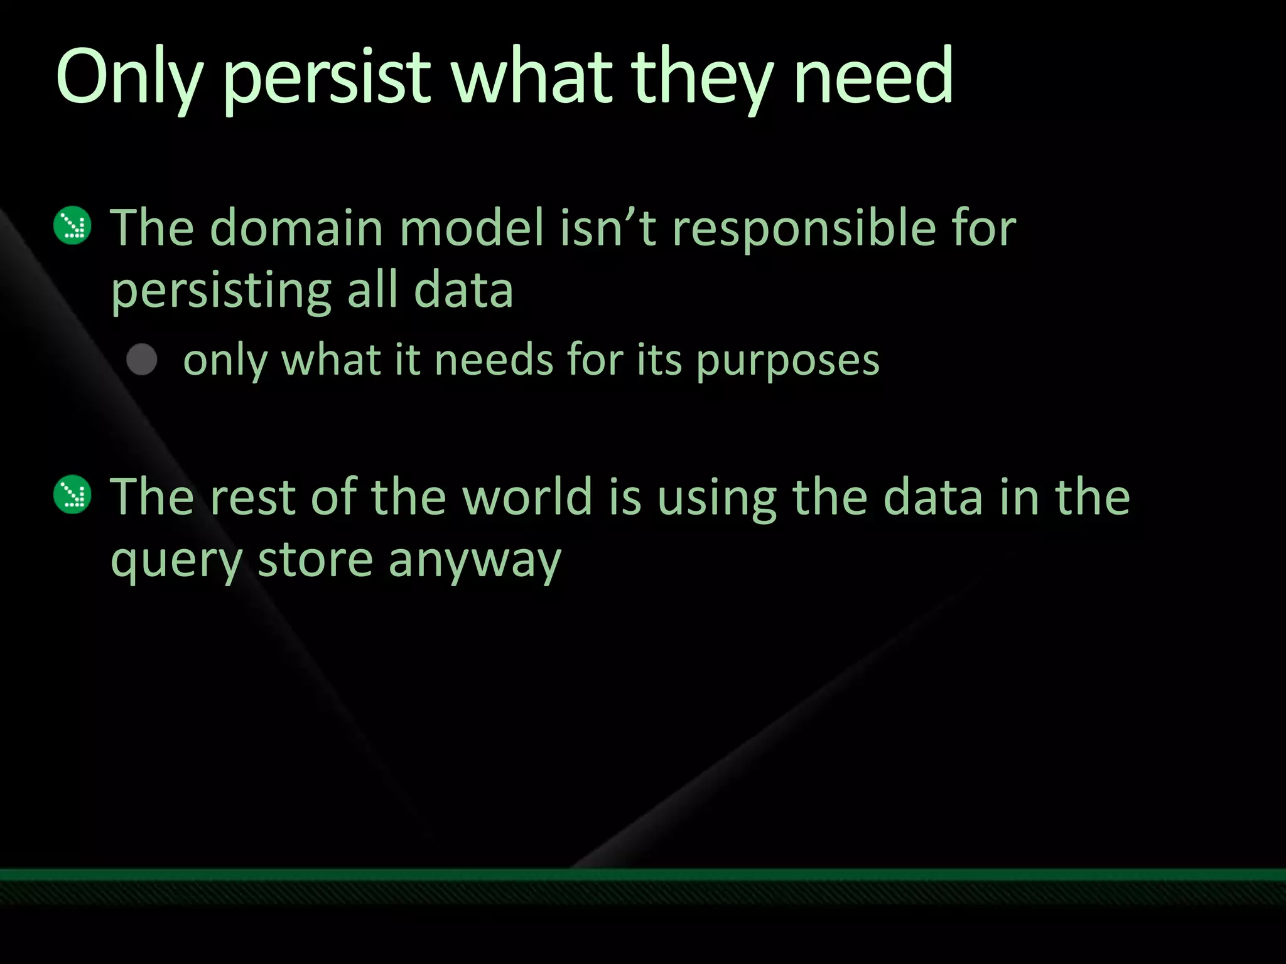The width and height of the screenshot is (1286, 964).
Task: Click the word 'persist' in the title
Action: [x=327, y=78]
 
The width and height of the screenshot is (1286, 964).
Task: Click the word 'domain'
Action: [x=296, y=227]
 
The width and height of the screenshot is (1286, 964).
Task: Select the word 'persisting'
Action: [x=220, y=292]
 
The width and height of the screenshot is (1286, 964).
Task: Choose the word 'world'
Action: [x=527, y=496]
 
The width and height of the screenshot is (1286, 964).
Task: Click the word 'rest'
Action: [x=252, y=498]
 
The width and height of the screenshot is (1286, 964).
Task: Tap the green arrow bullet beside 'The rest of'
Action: [x=73, y=495]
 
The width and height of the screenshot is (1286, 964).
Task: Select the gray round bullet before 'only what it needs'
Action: [x=142, y=360]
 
